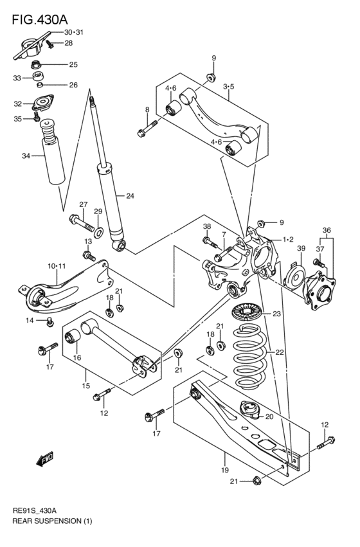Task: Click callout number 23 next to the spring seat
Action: tap(276, 314)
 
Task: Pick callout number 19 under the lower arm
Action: tap(225, 460)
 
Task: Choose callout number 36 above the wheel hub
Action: tap(327, 230)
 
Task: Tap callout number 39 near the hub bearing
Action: tap(300, 248)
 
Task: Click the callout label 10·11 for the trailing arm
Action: tap(57, 265)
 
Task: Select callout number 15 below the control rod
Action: tap(85, 386)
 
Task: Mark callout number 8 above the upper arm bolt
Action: tap(147, 110)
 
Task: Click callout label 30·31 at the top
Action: tap(75, 31)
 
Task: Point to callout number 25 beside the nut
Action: tap(73, 64)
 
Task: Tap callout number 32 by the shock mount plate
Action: tap(18, 103)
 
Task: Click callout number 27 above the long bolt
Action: tap(83, 204)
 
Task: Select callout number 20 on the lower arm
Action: tap(269, 416)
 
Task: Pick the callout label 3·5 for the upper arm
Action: tap(229, 86)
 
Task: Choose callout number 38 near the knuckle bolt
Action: tap(207, 226)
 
